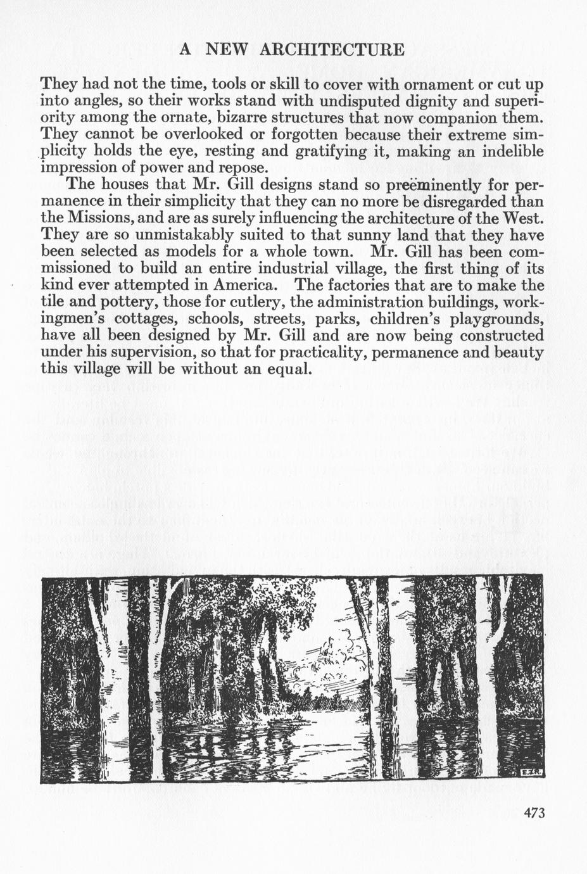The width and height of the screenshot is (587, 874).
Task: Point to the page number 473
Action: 534,813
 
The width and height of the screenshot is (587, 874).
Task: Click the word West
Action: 523,219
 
